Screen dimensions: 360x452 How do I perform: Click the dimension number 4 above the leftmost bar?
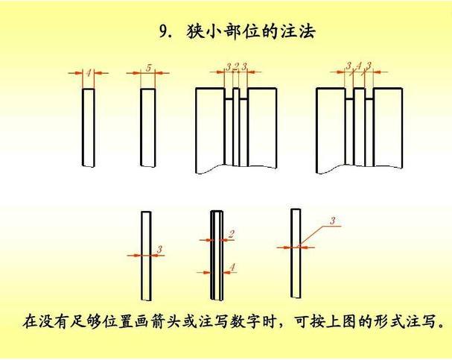pos(89,72)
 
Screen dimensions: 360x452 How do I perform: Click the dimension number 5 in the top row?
pos(148,69)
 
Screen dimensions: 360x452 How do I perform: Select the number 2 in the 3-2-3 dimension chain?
pos(236,67)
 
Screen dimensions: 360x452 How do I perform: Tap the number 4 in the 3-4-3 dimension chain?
pos(358,66)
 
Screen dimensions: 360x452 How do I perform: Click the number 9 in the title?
pos(165,31)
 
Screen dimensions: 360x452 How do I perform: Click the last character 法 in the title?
pos(308,31)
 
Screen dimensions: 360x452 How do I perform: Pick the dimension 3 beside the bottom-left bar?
pos(159,248)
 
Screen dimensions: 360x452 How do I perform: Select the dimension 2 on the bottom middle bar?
pos(232,234)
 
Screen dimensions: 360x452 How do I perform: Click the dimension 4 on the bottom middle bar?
pos(232,266)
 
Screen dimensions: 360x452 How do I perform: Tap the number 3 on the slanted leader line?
pos(332,220)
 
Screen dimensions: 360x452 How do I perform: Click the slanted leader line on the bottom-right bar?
pos(313,233)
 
